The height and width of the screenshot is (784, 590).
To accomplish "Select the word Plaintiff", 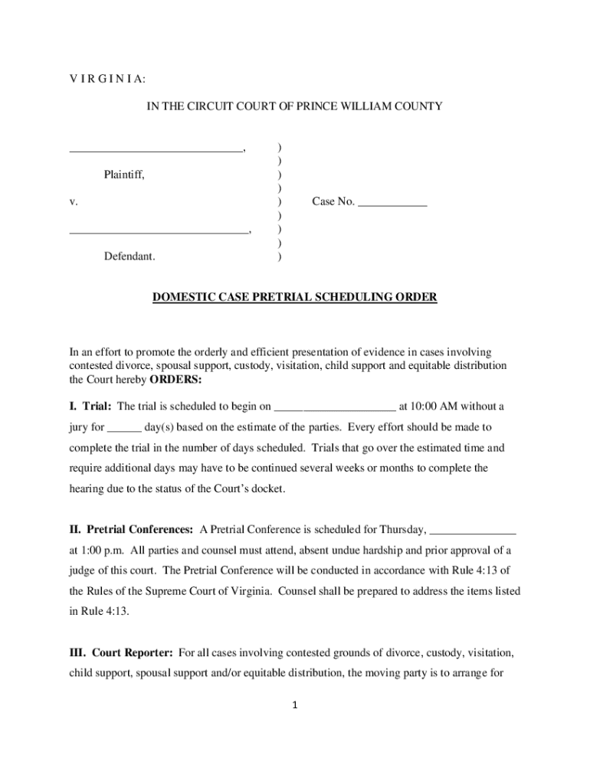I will pos(124,175).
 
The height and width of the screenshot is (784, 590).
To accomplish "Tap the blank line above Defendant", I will pos(159,230).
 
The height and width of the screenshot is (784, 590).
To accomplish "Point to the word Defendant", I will pos(129,256).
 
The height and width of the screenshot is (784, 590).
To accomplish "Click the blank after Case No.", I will pos(392,204).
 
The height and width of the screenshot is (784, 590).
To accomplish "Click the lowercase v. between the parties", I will pos(74,201).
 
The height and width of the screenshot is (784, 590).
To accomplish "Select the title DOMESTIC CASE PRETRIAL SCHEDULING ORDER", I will pos(294,297).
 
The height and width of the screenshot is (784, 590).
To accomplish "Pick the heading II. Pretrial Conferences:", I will pos(131,529).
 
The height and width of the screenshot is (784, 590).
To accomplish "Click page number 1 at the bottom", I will pos(295,705).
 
